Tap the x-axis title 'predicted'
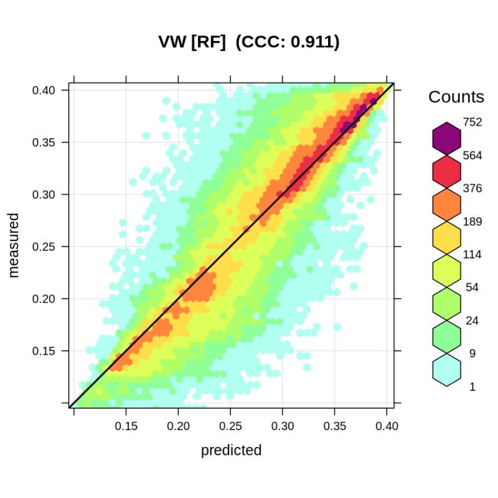point(231,450)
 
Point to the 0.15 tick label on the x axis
point(126,426)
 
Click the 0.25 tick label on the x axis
point(230,426)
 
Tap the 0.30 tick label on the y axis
point(44,194)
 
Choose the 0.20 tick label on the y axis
point(44,299)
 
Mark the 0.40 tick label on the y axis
point(44,90)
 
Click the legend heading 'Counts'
point(456,97)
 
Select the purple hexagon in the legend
point(446,138)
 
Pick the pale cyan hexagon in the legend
point(446,370)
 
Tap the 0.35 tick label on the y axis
point(44,142)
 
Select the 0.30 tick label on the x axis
point(283,426)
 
